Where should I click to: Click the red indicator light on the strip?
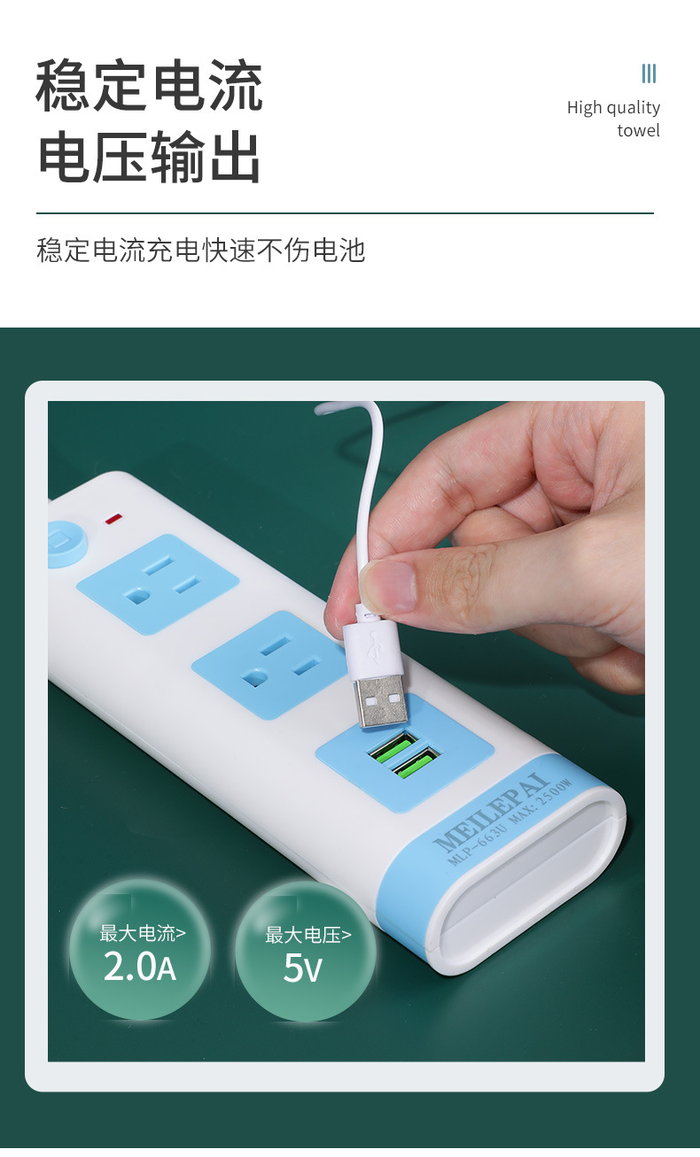click(x=114, y=518)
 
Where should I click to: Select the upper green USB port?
click(x=393, y=746)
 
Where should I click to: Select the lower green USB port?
click(x=417, y=763)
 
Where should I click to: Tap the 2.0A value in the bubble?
click(x=140, y=968)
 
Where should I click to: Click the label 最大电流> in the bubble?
click(x=142, y=933)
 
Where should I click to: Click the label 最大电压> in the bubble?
click(x=307, y=935)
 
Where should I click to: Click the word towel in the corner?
click(x=638, y=131)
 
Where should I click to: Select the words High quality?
click(x=613, y=108)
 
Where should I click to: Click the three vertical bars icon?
click(x=649, y=73)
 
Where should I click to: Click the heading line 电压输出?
click(x=150, y=158)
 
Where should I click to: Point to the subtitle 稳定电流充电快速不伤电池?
click(x=201, y=251)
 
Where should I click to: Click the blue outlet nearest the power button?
click(x=158, y=582)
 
